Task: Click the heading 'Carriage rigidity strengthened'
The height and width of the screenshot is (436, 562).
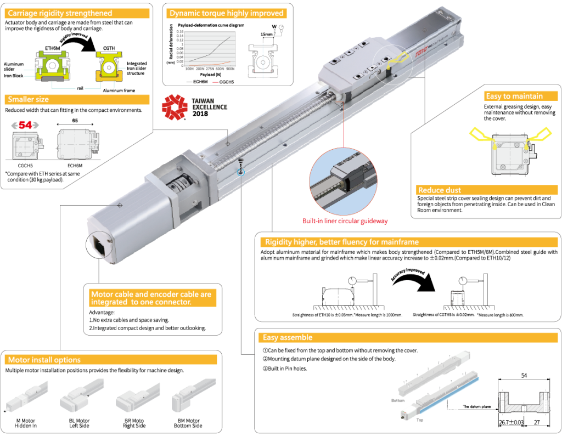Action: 60,13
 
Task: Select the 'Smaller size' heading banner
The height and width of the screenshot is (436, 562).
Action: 29,99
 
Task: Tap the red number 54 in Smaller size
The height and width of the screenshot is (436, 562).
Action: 25,124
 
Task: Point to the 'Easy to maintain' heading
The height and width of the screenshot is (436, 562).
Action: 514,96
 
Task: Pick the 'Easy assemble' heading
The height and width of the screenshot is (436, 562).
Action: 288,337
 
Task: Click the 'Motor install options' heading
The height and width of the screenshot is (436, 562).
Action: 44,360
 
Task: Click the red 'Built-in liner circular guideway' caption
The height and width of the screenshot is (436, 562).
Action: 345,221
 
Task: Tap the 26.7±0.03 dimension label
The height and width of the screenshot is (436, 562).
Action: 510,422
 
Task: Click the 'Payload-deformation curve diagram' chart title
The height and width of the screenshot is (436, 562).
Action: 211,25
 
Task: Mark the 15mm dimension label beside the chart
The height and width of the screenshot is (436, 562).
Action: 267,35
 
